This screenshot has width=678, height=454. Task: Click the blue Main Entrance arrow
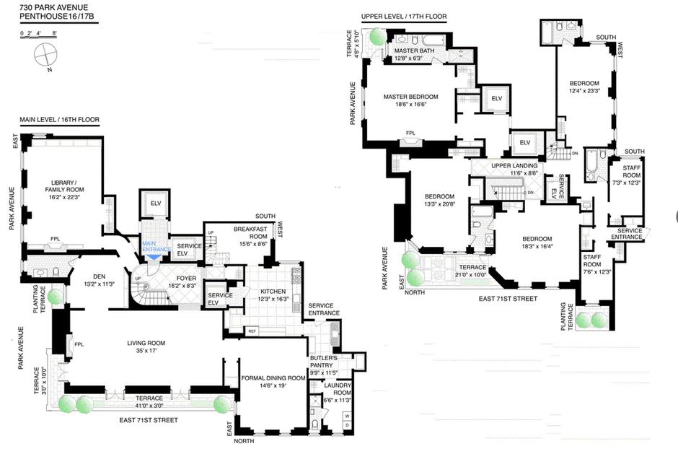pos(154,257)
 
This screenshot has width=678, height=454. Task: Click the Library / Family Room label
pos(64,190)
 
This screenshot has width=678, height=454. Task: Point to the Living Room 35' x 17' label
pos(146,346)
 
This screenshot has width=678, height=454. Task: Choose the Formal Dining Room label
pos(273,381)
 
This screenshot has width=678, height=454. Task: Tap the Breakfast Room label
pos(250,236)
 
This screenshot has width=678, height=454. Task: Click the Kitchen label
pos(273,294)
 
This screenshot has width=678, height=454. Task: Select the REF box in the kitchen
pos(252,331)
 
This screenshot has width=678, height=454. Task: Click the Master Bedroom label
pos(411,100)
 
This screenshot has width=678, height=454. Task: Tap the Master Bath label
pos(414,54)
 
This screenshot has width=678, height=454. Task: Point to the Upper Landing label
pos(514,169)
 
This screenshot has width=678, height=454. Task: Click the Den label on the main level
pos(99,281)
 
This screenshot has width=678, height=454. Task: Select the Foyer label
pos(186,281)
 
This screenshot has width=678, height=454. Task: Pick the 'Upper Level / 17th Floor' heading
pos(404,17)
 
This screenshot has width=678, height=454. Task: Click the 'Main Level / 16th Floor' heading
pos(59,119)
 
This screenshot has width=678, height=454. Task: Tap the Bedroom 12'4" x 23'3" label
pos(584,87)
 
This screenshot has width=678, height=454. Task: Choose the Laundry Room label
pos(338,393)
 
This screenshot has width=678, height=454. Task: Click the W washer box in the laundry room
pos(347,416)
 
